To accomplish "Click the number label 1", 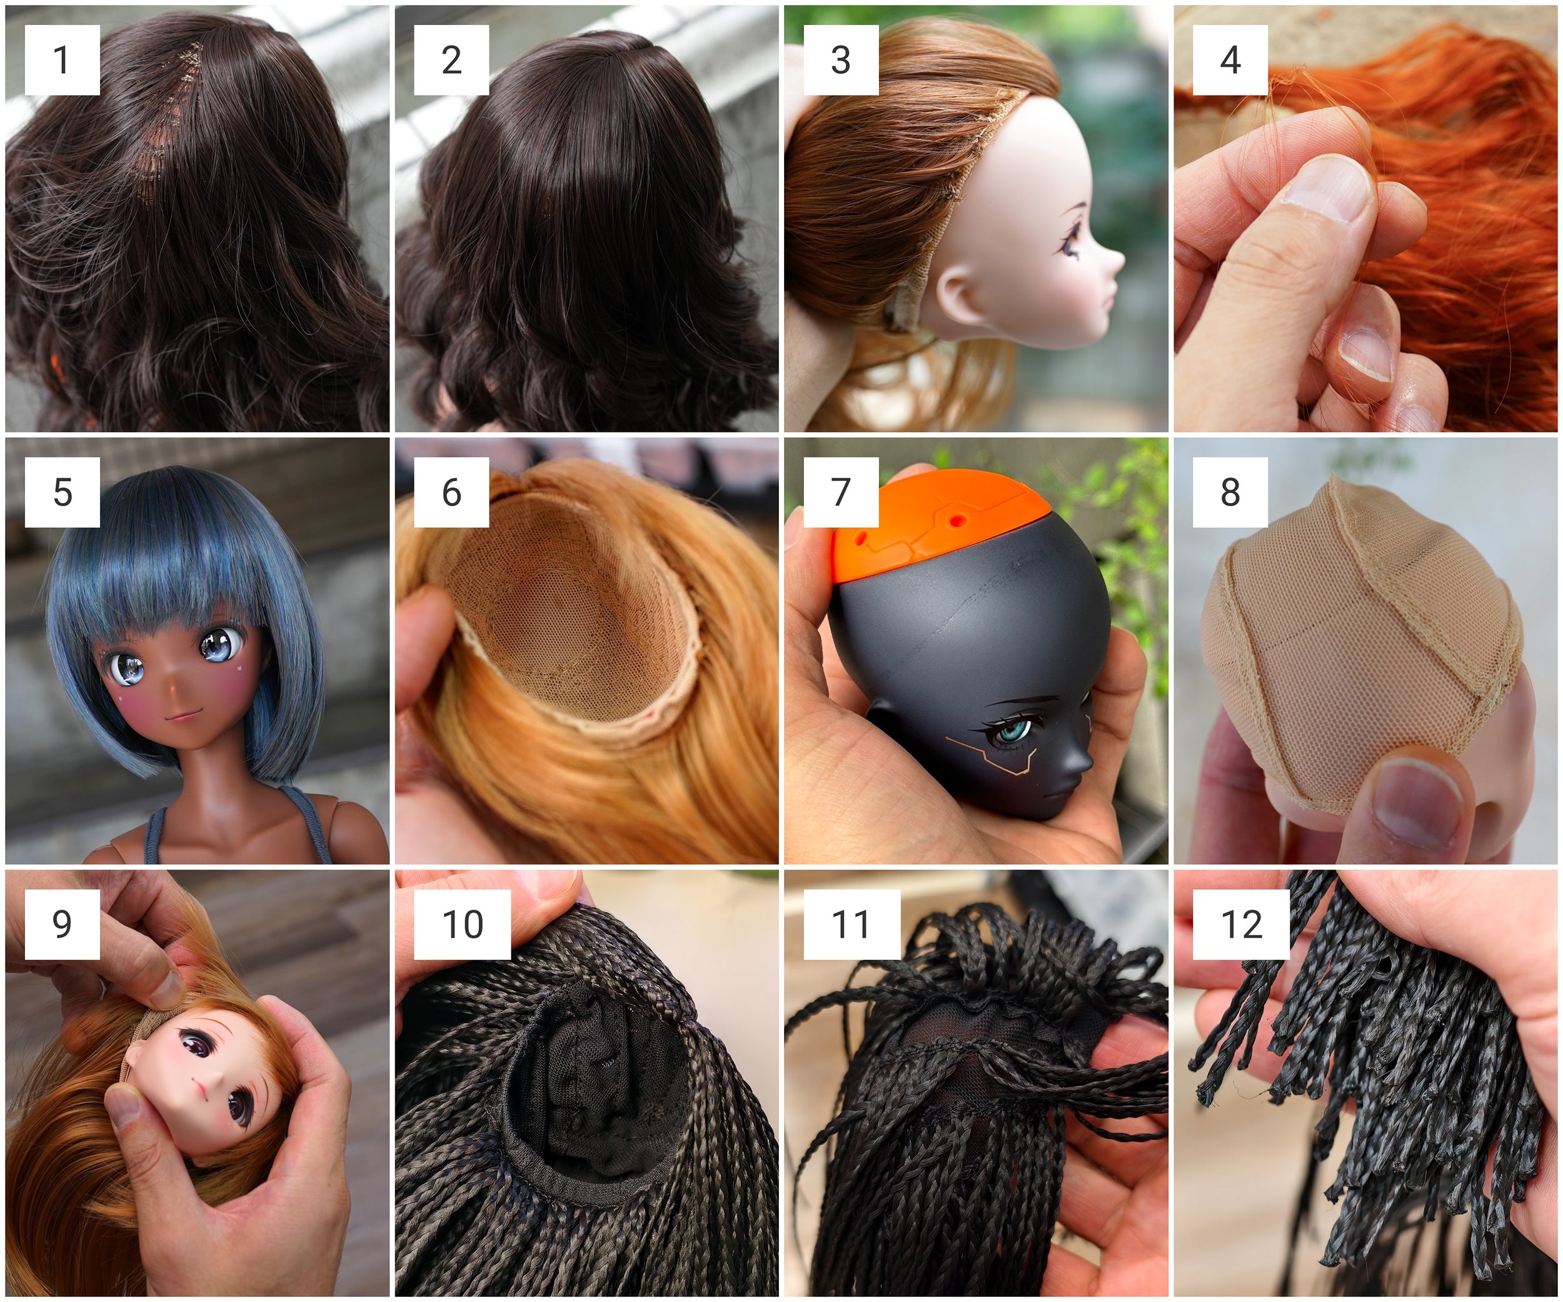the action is click(x=62, y=60).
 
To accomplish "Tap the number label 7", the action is click(x=841, y=492).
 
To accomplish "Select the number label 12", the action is click(x=1241, y=924).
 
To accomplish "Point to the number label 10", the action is click(x=462, y=924).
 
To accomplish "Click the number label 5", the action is click(x=63, y=493).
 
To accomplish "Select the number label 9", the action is click(x=63, y=924).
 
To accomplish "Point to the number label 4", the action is click(x=1230, y=60).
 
